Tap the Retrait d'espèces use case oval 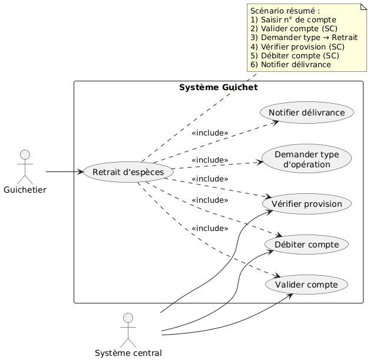(x=128, y=172)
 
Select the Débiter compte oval (x=306, y=244)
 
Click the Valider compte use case (x=306, y=285)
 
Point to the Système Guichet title (x=217, y=88)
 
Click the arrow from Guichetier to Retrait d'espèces (x=64, y=172)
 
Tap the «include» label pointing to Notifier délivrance (x=210, y=133)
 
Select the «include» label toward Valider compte (x=210, y=229)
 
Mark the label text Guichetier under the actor (x=25, y=191)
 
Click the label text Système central (x=128, y=353)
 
